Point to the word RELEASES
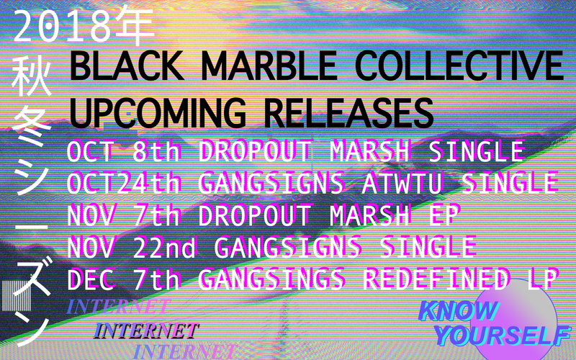[348, 112]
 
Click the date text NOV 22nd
[137, 247]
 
